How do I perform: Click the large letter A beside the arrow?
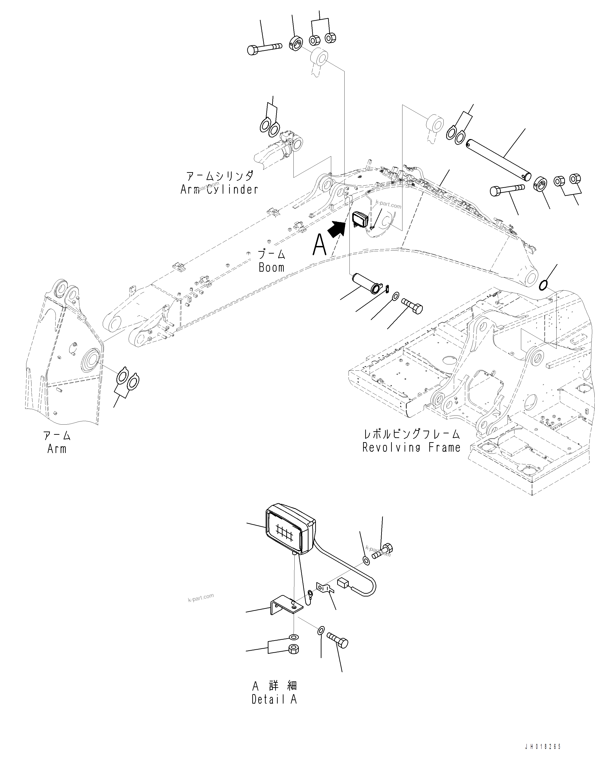(x=320, y=245)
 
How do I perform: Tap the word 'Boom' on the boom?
(x=271, y=268)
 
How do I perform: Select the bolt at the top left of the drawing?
(x=264, y=48)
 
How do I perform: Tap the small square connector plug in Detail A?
(x=343, y=583)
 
